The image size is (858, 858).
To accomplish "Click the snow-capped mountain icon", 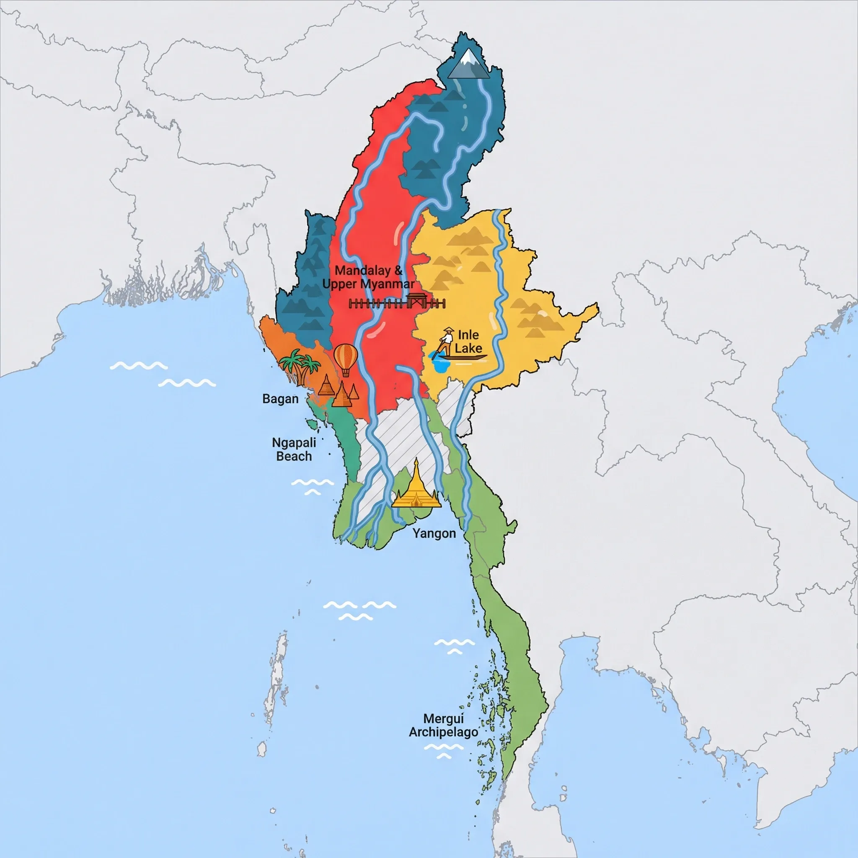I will click(468, 65).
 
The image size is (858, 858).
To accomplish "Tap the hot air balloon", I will click(346, 359).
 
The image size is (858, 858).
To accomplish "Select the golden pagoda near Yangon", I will click(416, 486).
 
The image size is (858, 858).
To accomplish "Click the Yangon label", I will click(434, 533).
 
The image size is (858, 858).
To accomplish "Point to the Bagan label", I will click(280, 399).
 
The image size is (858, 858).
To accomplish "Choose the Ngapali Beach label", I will click(294, 450).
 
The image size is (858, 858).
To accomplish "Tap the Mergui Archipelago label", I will click(443, 725).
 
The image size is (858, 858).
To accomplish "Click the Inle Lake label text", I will click(468, 341).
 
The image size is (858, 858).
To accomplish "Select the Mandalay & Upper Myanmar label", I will click(369, 277).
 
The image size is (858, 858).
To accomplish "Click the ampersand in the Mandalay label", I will click(398, 270).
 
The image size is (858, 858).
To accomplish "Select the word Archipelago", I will click(443, 732).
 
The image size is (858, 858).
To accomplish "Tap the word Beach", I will click(294, 457).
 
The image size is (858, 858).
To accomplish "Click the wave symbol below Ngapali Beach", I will click(312, 486).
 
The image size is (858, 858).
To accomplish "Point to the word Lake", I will click(468, 348).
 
